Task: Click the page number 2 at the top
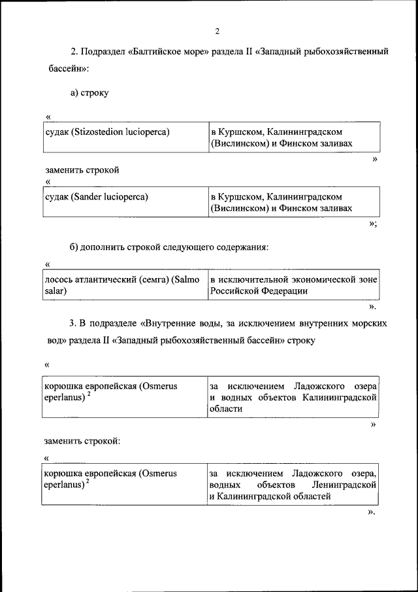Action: point(217,31)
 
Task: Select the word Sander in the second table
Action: point(88,196)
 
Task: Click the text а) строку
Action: point(89,93)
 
